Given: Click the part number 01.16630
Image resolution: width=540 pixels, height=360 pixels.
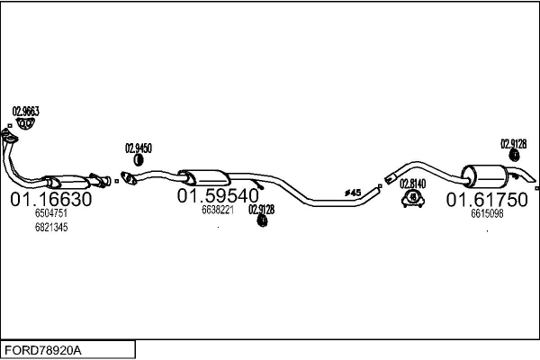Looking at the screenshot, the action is [50, 199].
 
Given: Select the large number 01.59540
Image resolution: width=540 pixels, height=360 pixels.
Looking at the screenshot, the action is [217, 195].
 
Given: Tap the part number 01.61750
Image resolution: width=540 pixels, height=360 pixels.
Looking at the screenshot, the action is [486, 199].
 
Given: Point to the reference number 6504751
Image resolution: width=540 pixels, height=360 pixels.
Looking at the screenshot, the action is [50, 214].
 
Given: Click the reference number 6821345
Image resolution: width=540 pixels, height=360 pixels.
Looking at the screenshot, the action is [50, 228].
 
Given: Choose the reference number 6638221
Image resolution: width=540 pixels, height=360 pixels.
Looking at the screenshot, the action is [217, 210].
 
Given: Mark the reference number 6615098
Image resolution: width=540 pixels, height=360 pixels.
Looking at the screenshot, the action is [486, 213].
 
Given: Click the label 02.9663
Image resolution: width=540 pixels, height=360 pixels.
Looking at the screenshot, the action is [25, 112].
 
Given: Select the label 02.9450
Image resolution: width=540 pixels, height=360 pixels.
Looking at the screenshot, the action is [138, 148].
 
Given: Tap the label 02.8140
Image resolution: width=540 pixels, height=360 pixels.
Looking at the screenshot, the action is [412, 183].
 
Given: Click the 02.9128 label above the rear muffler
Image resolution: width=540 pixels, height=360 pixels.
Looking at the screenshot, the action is [513, 143].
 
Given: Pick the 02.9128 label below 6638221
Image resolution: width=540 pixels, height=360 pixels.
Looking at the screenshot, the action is [261, 209].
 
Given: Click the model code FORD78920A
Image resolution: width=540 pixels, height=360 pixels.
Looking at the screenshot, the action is [43, 349].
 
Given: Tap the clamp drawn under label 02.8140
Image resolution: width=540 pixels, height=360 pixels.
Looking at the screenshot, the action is [412, 198].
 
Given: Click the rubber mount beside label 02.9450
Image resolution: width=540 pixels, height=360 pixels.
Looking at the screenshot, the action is [139, 160].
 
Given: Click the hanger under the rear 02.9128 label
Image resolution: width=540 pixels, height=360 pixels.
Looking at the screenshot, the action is [514, 158].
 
